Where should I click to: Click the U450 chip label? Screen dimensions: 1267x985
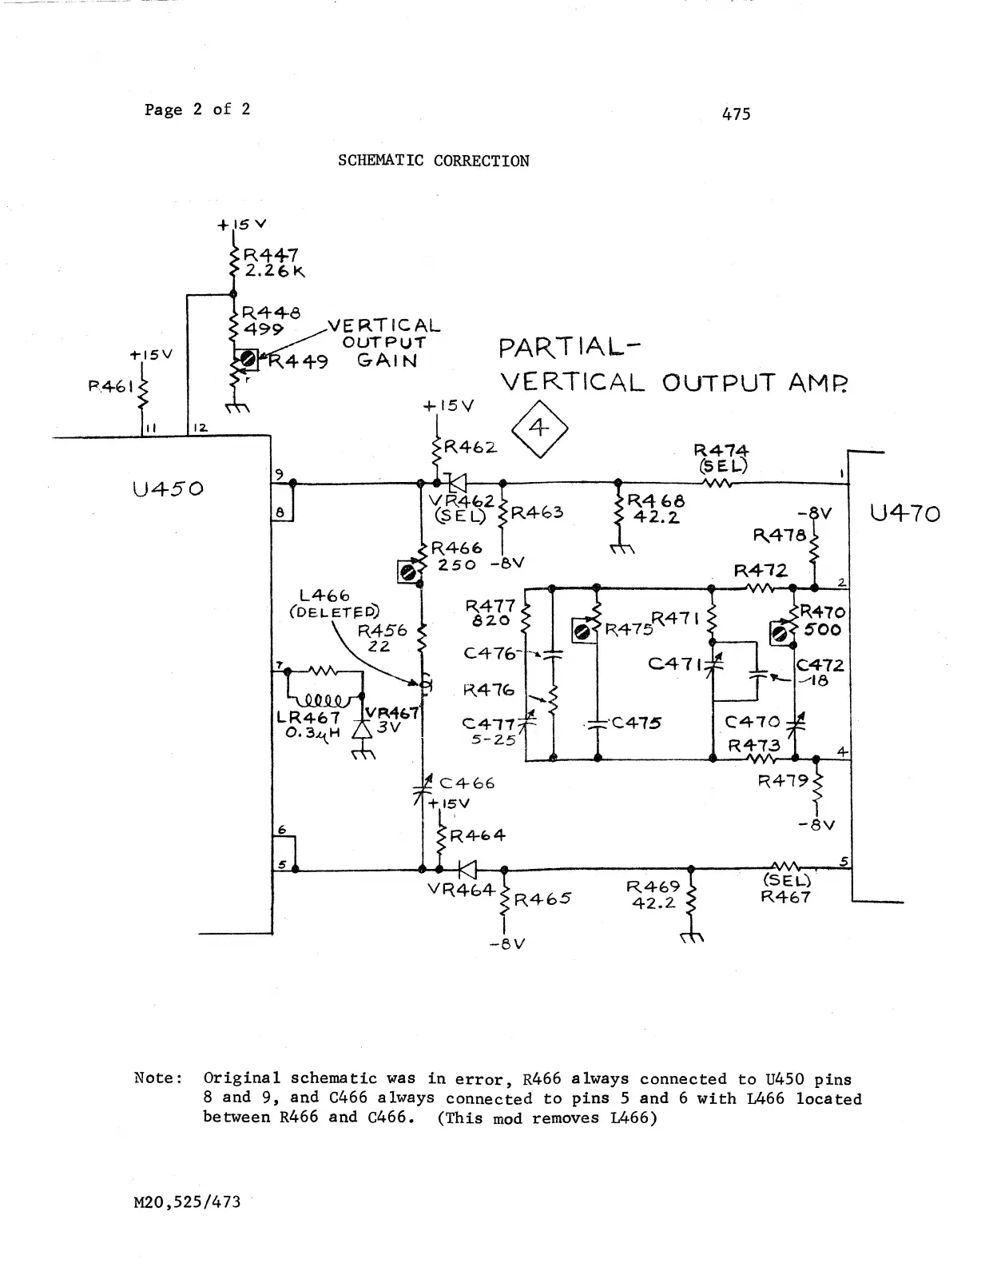(x=168, y=488)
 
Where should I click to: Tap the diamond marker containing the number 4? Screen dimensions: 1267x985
(x=539, y=429)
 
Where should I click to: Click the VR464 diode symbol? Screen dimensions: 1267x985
(x=467, y=870)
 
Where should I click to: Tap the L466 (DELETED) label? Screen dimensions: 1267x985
(x=334, y=604)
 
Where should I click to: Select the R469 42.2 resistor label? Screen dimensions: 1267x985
(x=653, y=894)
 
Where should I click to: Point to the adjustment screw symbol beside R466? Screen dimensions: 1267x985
(x=408, y=572)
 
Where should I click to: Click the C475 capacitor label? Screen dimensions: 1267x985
(x=637, y=723)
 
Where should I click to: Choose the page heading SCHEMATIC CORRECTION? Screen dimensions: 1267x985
(x=433, y=161)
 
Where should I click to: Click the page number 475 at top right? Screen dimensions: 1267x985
(x=736, y=114)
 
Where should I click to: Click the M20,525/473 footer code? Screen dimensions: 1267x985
(x=187, y=1201)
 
